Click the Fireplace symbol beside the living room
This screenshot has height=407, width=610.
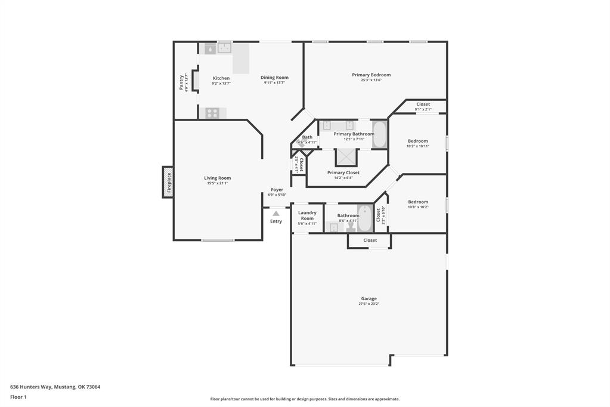tap(168, 182)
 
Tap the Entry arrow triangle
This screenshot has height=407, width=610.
tap(276, 213)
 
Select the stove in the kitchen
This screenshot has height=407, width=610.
tap(212, 113)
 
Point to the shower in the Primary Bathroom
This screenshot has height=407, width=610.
tap(345, 157)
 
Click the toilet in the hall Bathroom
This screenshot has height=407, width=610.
tap(351, 226)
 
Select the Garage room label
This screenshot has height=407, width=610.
tap(369, 298)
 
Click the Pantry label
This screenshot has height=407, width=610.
tap(181, 82)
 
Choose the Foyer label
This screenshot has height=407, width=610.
tap(277, 190)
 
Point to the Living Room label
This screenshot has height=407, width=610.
tap(217, 178)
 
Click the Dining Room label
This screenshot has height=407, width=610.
tap(274, 78)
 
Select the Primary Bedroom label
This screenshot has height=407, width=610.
tap(371, 75)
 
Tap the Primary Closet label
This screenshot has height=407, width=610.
tap(343, 172)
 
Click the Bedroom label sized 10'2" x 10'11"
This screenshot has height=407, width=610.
tap(417, 141)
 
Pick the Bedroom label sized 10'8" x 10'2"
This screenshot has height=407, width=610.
tap(417, 202)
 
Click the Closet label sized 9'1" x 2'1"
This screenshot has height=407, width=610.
tap(423, 104)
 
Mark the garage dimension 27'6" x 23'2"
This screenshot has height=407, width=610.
tap(369, 304)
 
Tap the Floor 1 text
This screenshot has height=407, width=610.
tap(18, 397)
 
